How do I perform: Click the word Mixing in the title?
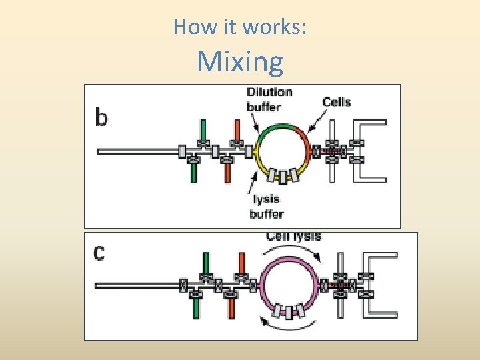tap(240, 62)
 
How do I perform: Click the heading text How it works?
tap(240, 27)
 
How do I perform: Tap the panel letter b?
tap(101, 117)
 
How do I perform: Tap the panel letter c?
tap(99, 254)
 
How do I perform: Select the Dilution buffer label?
tap(269, 99)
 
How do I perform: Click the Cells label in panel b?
tap(337, 102)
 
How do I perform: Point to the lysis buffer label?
tap(266, 206)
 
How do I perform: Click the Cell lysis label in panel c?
tap(293, 236)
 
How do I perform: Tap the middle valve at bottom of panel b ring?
tap(283, 177)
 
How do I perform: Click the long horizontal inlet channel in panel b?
tap(137, 151)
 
